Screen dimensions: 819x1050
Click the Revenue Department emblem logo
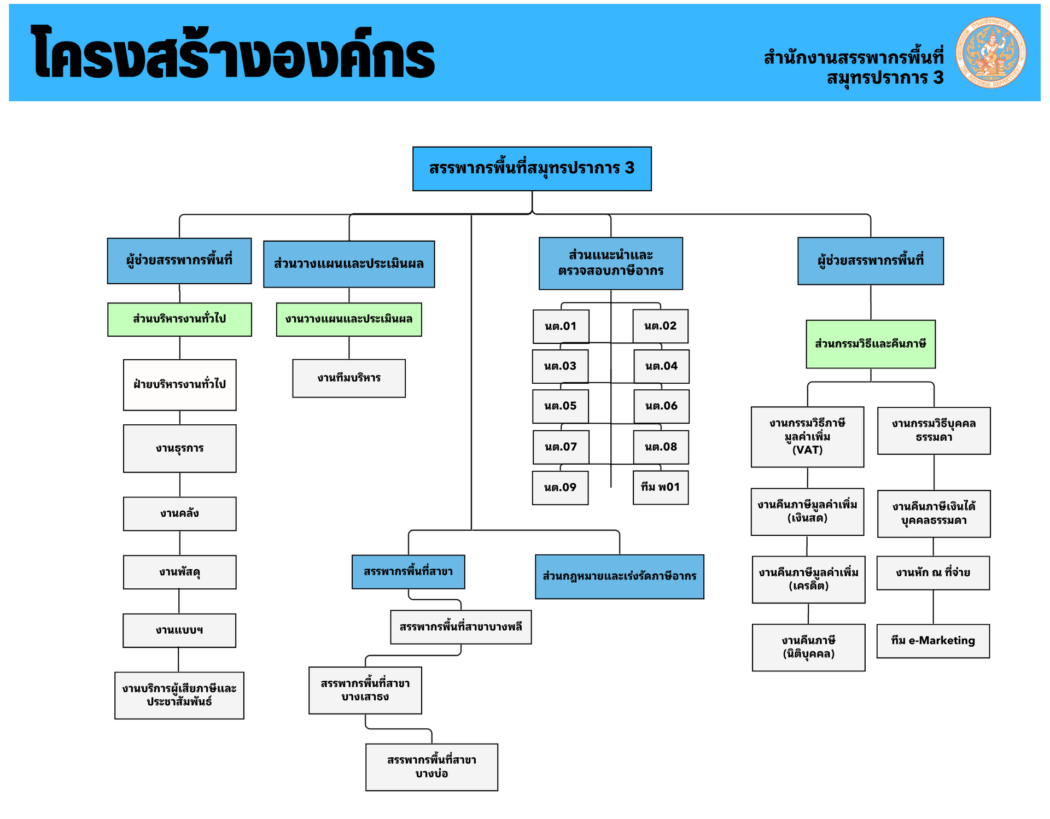pyautogui.click(x=990, y=52)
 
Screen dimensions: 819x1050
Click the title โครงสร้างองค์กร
pyautogui.click(x=232, y=54)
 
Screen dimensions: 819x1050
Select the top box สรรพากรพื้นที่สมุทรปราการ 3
pyautogui.click(x=532, y=168)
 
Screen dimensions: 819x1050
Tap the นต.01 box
pyautogui.click(x=561, y=326)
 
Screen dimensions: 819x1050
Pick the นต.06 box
pyautogui.click(x=661, y=406)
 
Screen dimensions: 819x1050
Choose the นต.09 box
pyautogui.click(x=560, y=488)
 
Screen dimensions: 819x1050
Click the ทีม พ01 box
pyautogui.click(x=660, y=487)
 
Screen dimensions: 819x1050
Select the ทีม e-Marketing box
pyautogui.click(x=933, y=641)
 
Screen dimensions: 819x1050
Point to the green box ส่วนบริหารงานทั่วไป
pyautogui.click(x=179, y=319)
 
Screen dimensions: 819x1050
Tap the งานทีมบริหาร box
pyautogui.click(x=349, y=378)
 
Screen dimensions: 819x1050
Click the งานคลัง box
pyautogui.click(x=179, y=513)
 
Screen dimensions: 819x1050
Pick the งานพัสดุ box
pyautogui.click(x=179, y=572)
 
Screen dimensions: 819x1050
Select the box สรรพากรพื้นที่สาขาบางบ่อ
pyautogui.click(x=431, y=767)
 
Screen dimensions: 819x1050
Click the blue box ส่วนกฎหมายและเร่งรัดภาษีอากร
pyautogui.click(x=619, y=576)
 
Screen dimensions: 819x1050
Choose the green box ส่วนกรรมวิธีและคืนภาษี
pyautogui.click(x=870, y=344)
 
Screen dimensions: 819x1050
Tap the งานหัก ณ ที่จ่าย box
pyautogui.click(x=933, y=573)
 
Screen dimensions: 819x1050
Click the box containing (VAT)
pyautogui.click(x=807, y=436)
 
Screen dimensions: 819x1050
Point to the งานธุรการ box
pyautogui.click(x=179, y=448)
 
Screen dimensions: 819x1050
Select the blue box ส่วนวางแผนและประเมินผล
pyautogui.click(x=349, y=264)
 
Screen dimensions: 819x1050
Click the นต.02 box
pyautogui.click(x=660, y=326)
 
